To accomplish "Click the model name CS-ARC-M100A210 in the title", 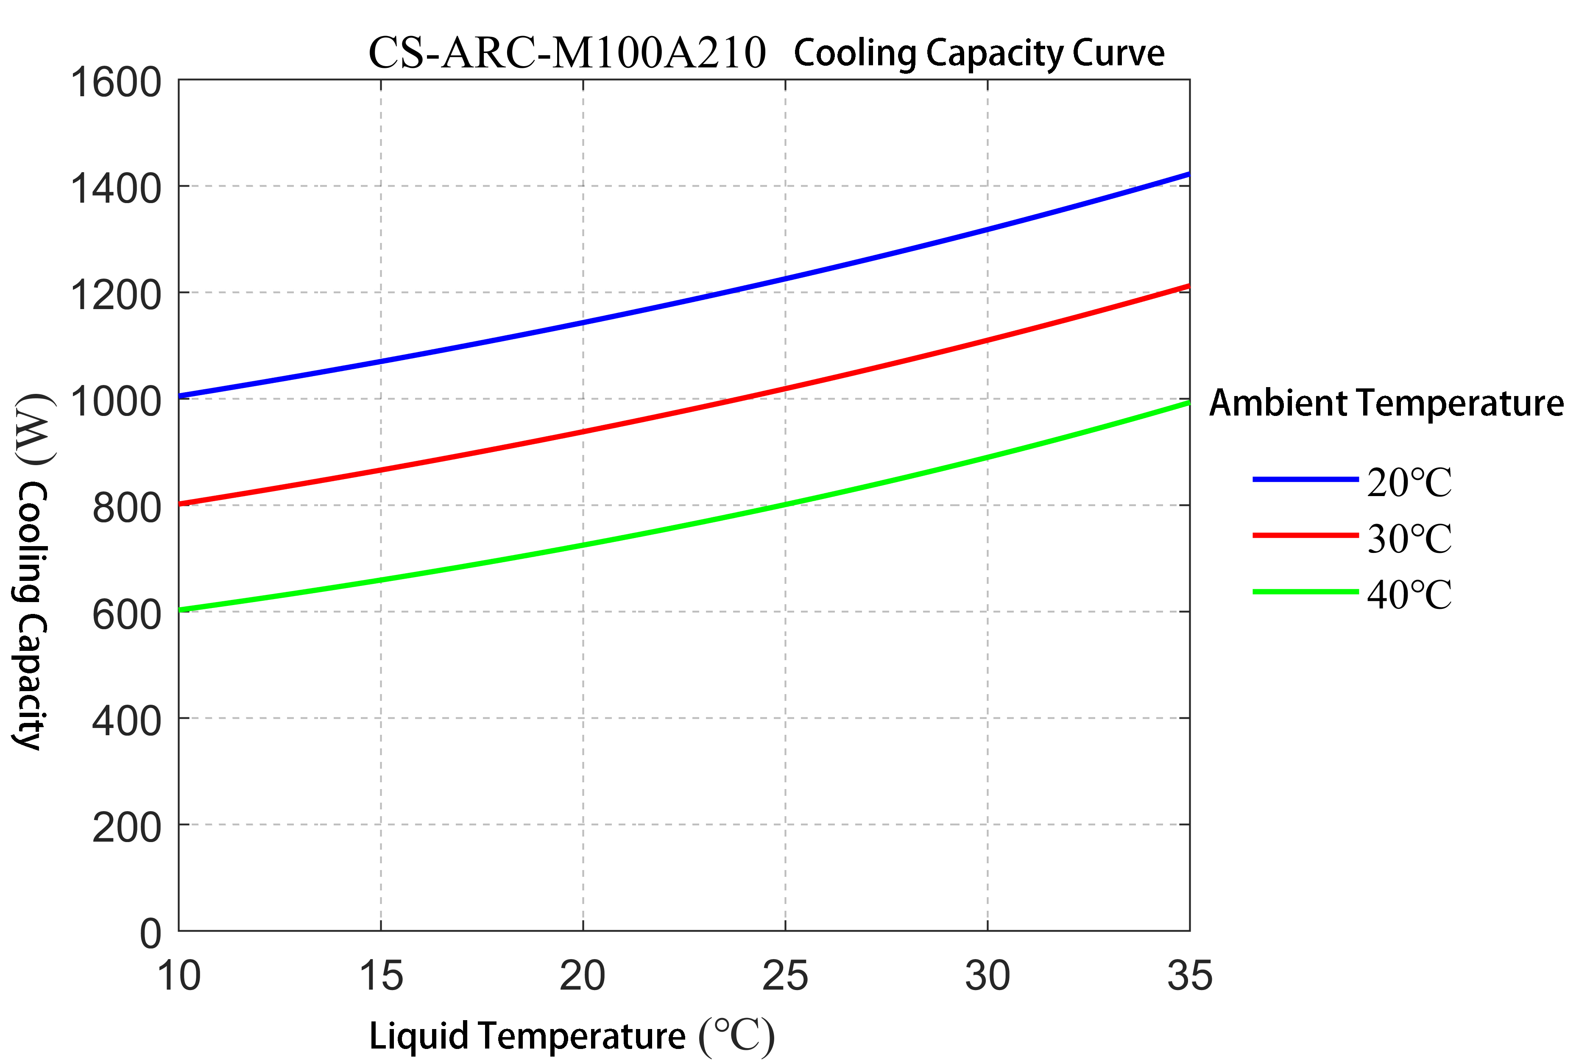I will tap(566, 53).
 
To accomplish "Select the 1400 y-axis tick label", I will tap(116, 189).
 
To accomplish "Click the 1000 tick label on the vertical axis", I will tap(116, 402).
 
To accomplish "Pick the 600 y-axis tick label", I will tap(126, 614).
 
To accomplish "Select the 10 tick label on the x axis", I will tap(179, 976).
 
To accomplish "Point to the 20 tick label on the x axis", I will tap(582, 976).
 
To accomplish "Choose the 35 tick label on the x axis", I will tap(1190, 976).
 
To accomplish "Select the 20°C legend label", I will tap(1409, 483).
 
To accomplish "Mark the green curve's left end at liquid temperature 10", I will tap(181, 610).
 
